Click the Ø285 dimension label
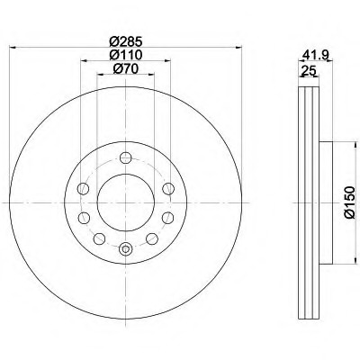[x=125, y=41]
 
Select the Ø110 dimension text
[x=125, y=55]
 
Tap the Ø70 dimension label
[x=126, y=69]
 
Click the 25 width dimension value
[x=309, y=71]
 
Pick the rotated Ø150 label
[x=349, y=202]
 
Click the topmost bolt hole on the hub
[x=126, y=157]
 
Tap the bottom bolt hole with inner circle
[x=126, y=248]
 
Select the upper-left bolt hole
[x=83, y=189]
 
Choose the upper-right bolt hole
[x=168, y=189]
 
